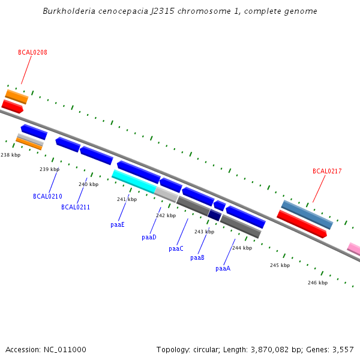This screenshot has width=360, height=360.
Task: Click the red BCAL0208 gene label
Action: point(32,53)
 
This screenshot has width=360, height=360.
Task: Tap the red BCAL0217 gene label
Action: point(327,172)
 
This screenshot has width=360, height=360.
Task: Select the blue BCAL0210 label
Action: point(47,196)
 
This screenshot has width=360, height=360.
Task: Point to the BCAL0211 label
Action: point(76,208)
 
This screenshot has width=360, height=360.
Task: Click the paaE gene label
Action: point(118,225)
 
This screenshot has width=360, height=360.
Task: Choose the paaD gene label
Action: point(149,238)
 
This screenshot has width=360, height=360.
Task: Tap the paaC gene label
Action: point(176,248)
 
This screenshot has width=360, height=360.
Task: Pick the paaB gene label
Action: point(197,258)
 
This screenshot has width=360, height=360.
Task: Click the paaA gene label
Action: point(223,269)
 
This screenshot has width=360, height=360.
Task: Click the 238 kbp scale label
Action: point(11,155)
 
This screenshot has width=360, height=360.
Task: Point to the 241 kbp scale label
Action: point(127,199)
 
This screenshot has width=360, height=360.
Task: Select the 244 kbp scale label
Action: point(242,248)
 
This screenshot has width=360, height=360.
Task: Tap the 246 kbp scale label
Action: point(317,283)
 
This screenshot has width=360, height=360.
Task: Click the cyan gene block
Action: point(134,181)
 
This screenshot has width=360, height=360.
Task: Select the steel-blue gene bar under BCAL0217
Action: point(307,215)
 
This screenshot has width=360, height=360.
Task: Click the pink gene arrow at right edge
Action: point(354,248)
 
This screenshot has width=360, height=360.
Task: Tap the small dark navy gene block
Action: point(215,215)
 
